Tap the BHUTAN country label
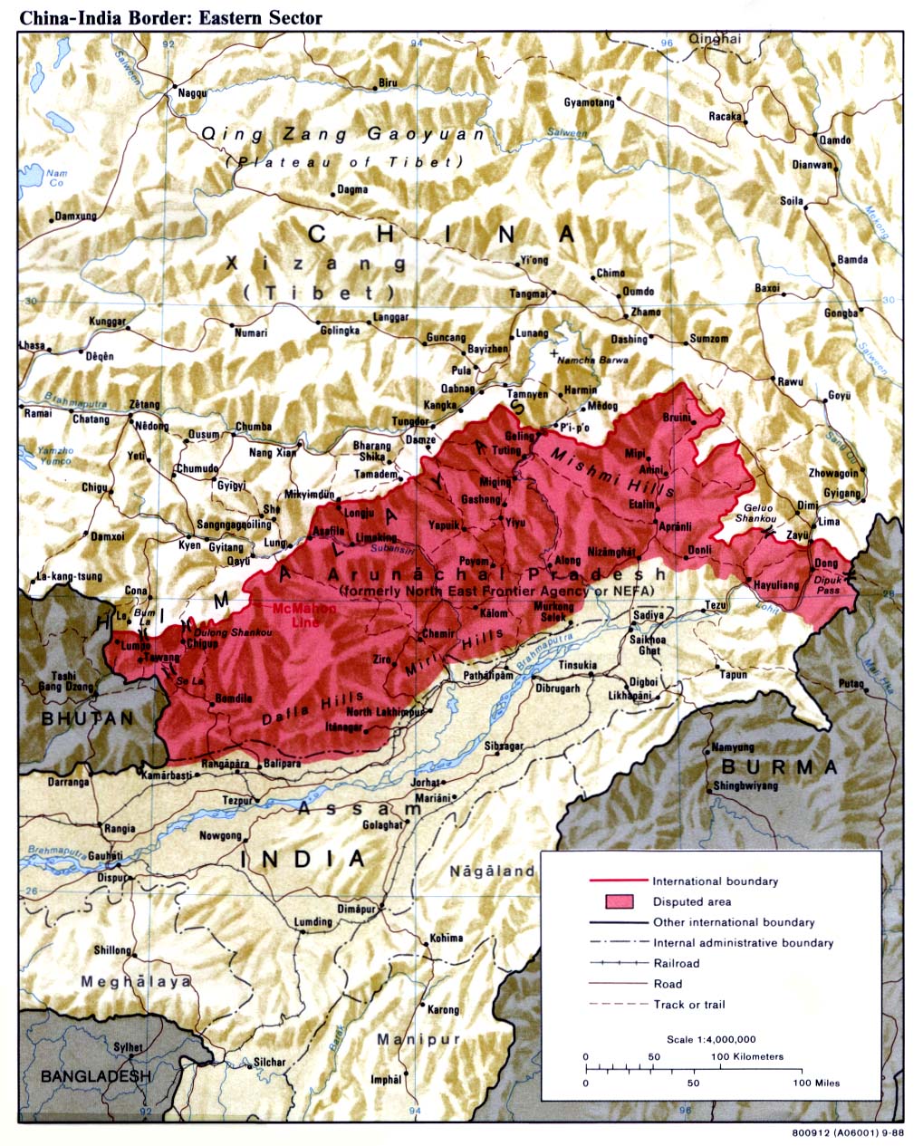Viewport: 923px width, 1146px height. [87, 717]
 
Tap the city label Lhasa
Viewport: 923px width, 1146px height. [32, 345]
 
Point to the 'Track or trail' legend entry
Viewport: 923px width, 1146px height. [689, 1004]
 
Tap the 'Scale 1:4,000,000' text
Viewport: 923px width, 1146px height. [711, 1039]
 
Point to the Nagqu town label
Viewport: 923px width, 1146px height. [192, 92]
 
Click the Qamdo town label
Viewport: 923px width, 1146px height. [834, 140]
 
